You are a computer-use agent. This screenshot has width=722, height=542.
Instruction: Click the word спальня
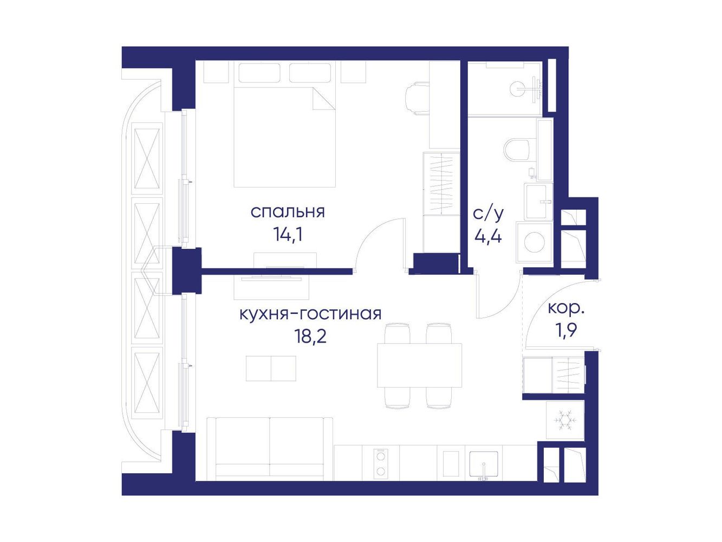coord(288,212)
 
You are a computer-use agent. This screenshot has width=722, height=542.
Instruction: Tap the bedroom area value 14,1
coord(288,235)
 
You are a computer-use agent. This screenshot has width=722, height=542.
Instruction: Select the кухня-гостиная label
coord(310,314)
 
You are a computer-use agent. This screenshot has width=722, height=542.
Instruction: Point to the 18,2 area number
coord(311,337)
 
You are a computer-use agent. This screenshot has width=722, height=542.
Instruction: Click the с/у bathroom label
coord(488,214)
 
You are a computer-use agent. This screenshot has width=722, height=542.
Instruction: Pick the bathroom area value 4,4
coord(488,236)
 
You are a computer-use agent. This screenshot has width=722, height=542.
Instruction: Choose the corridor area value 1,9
coord(566,331)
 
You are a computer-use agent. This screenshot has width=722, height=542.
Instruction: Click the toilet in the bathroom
coord(520,150)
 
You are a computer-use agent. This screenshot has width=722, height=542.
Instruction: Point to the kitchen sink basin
coord(484,464)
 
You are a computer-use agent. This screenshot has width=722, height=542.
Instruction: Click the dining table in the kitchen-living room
coord(419,365)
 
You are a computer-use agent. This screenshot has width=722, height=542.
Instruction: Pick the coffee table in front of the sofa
coord(271,368)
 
